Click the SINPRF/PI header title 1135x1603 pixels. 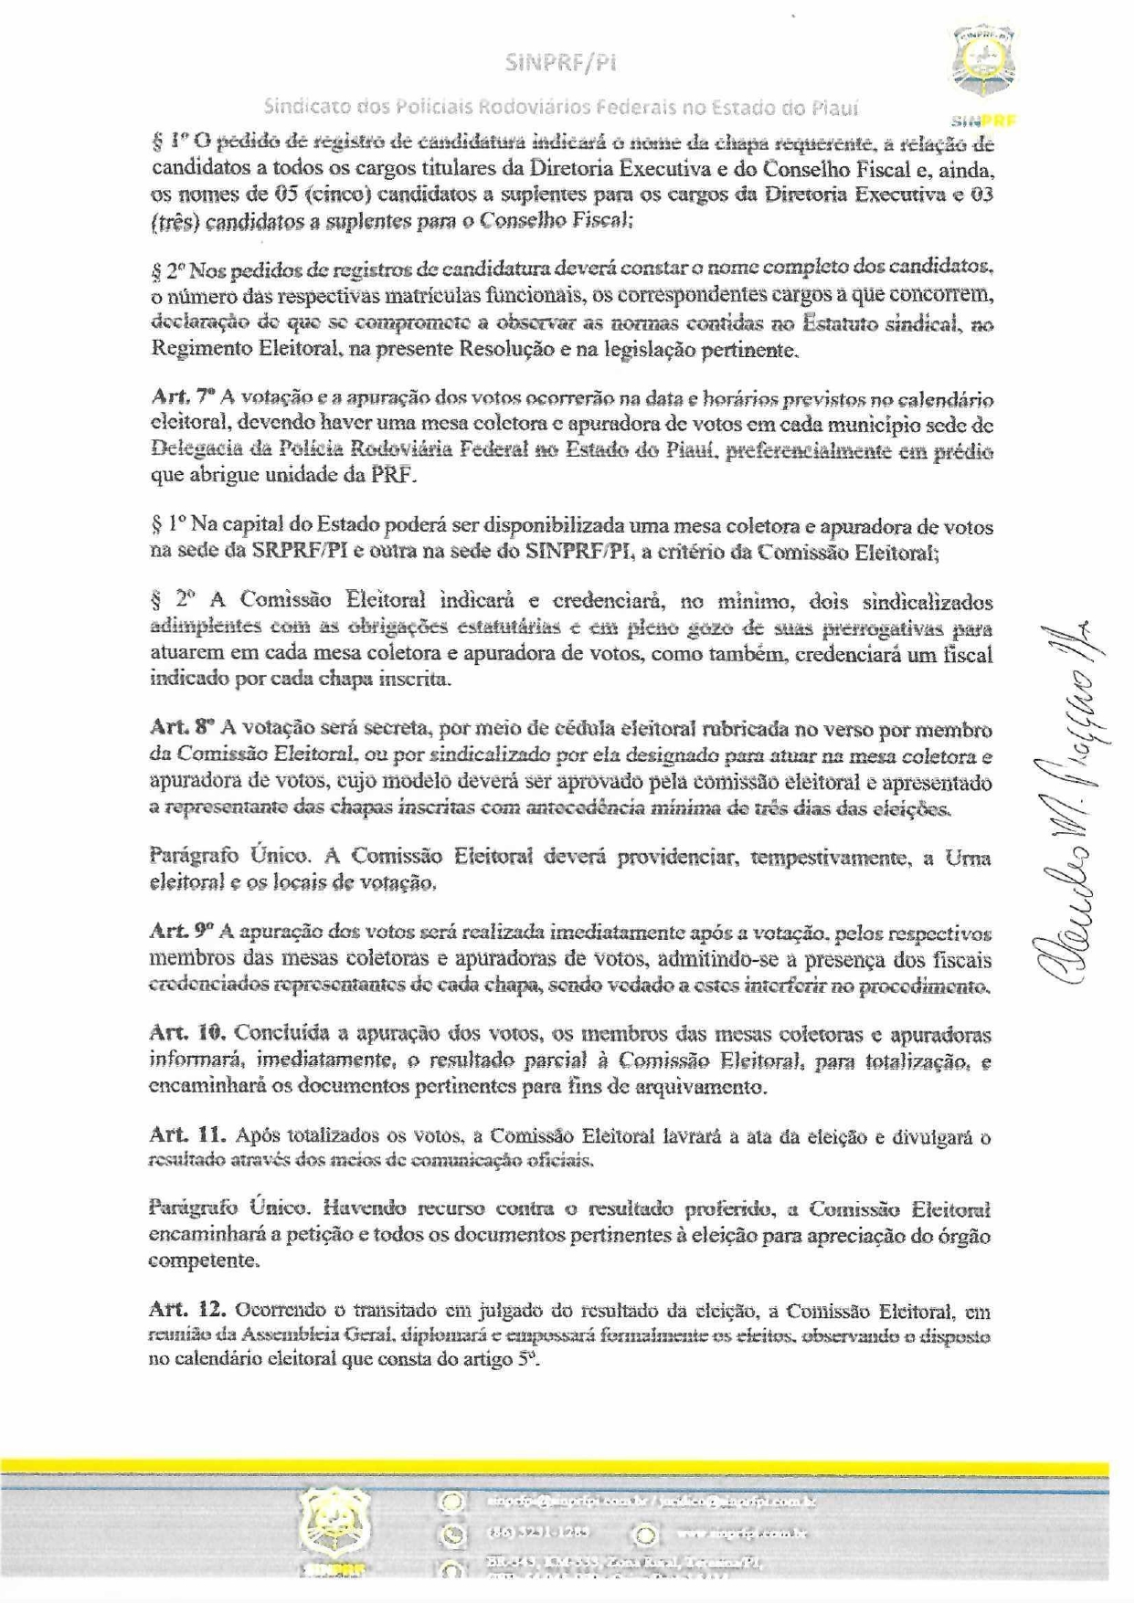[561, 63]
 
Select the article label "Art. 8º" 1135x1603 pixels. [182, 728]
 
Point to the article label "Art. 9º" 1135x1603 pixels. [181, 931]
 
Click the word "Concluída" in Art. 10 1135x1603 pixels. [277, 1034]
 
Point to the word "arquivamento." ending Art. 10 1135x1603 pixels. [712, 1086]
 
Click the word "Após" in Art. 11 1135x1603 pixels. [257, 1135]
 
